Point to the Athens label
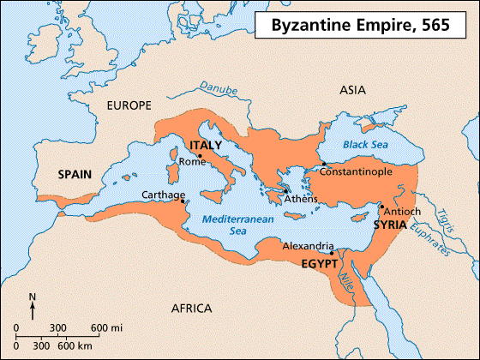pyautogui.click(x=301, y=199)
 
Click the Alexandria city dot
pyautogui.click(x=331, y=252)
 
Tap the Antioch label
pyautogui.click(x=404, y=211)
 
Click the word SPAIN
pyautogui.click(x=76, y=173)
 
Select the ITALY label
pyautogui.click(x=206, y=145)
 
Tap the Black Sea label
pyautogui.click(x=366, y=146)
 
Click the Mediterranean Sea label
pyautogui.click(x=230, y=225)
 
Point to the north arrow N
pyautogui.click(x=33, y=298)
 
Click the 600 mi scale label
pyautogui.click(x=107, y=328)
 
